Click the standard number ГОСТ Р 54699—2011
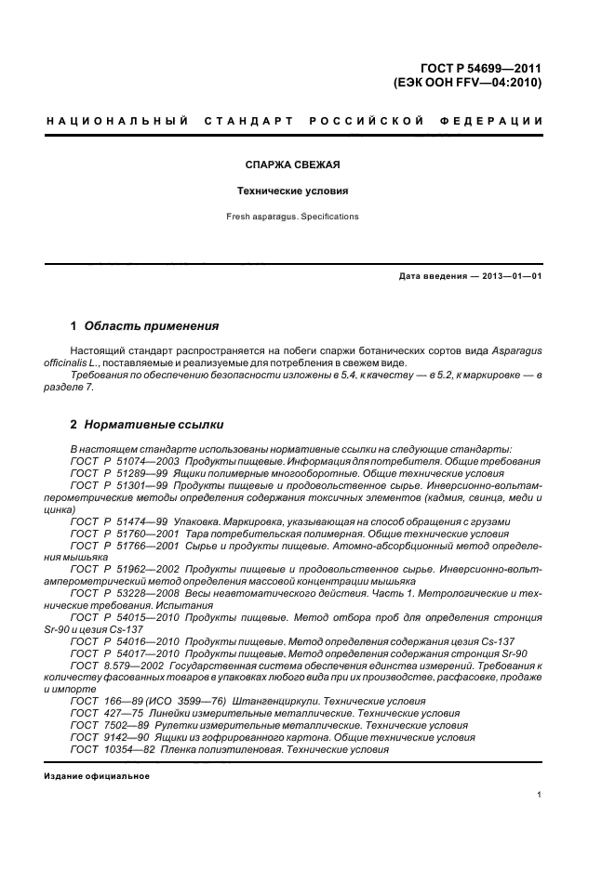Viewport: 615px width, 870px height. click(480, 69)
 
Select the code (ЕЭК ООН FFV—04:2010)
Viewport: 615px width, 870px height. click(468, 83)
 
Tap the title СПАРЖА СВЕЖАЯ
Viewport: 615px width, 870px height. click(292, 165)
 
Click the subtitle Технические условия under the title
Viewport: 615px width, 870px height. click(292, 191)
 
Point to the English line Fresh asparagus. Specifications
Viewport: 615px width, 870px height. click(292, 217)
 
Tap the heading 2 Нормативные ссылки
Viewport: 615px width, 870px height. click(147, 425)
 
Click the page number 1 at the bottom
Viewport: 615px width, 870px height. click(540, 796)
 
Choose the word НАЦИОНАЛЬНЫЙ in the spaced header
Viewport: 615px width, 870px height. click(116, 122)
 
